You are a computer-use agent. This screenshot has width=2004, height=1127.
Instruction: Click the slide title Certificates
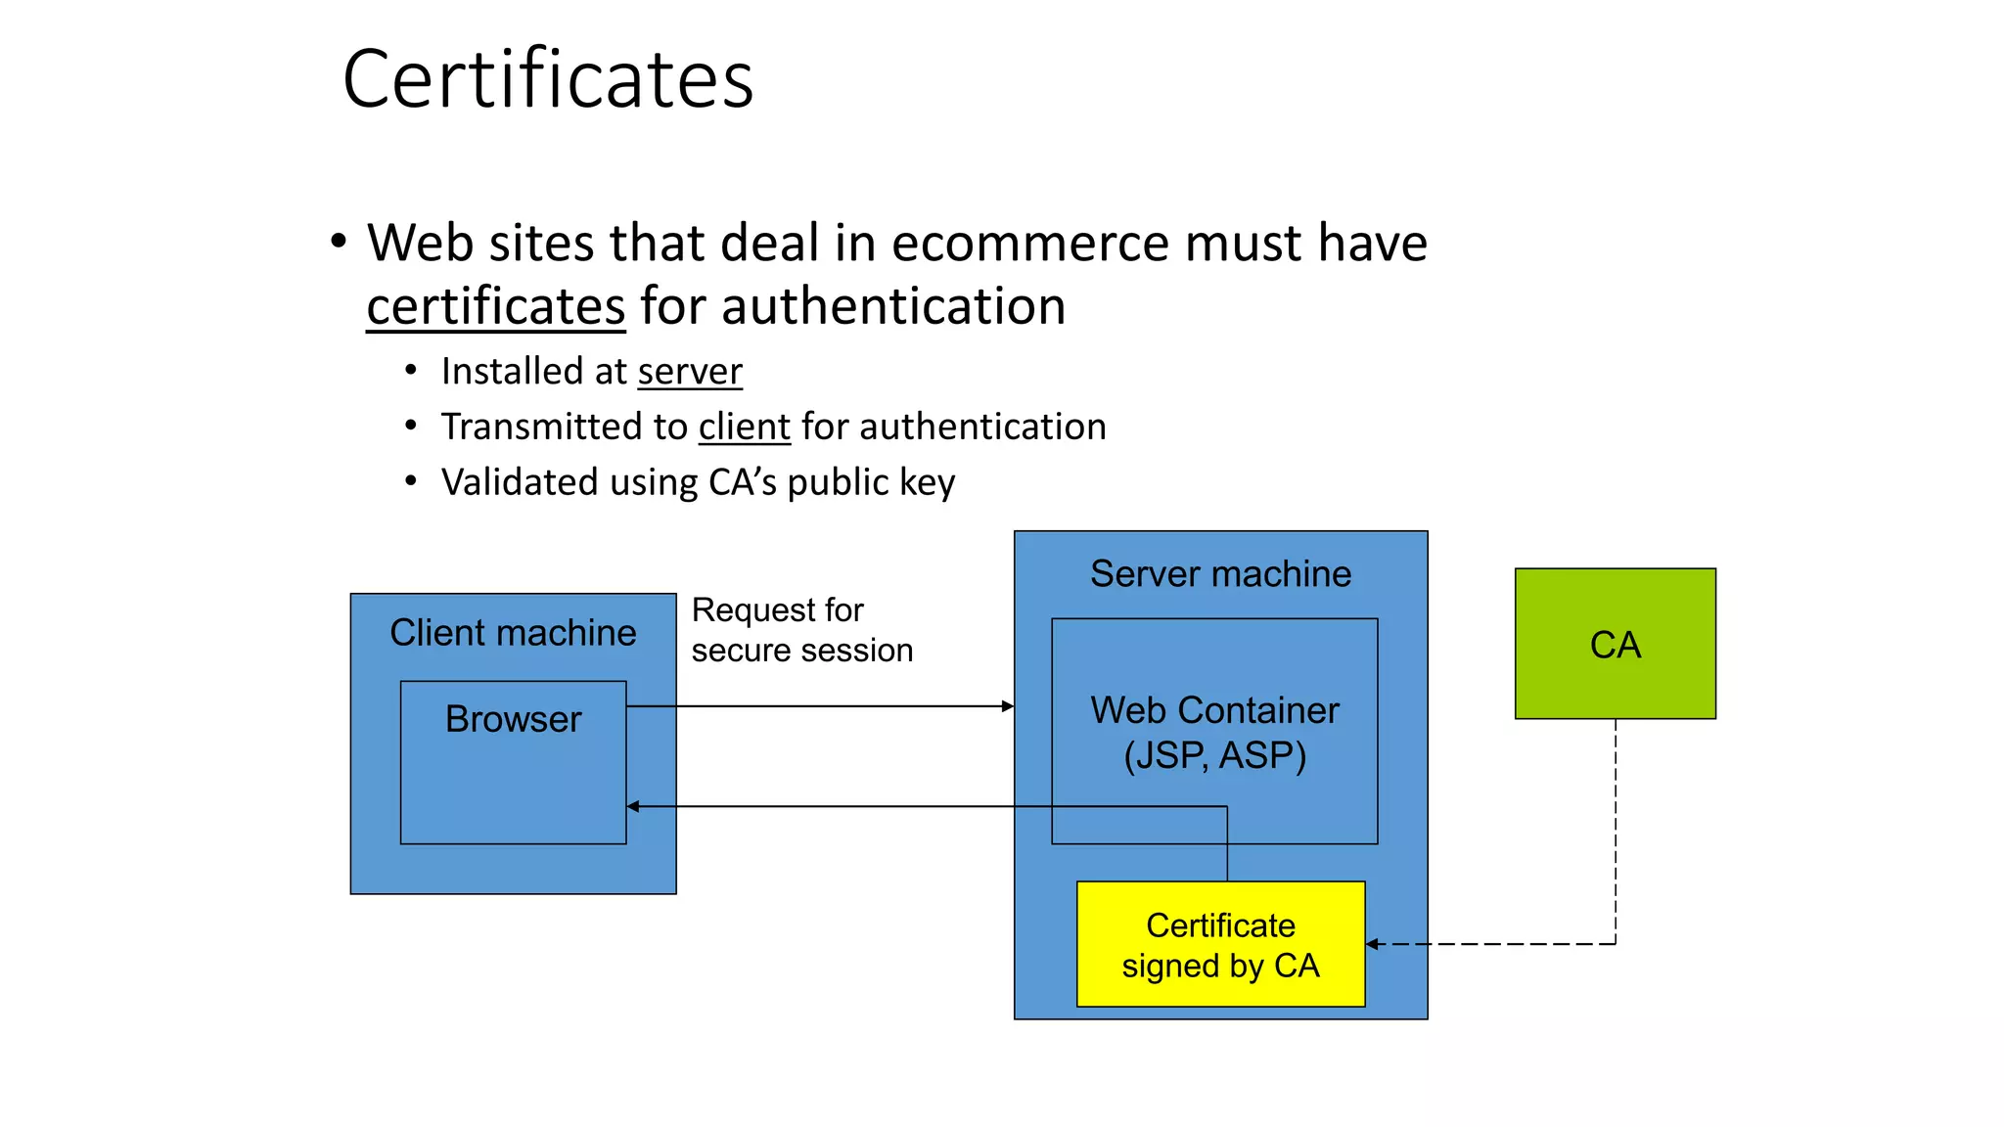[548, 79]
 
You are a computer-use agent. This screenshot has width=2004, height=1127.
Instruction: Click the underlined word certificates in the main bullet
[495, 306]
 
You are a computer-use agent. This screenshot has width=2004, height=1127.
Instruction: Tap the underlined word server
[690, 372]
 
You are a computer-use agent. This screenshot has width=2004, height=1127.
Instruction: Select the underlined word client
[744, 428]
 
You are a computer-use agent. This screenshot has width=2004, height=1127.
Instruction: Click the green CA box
[1615, 644]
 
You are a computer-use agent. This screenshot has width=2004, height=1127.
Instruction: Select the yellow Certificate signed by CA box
[1220, 944]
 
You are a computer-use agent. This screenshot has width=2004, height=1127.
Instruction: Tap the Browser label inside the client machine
[513, 719]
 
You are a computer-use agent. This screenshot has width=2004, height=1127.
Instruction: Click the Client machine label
[513, 633]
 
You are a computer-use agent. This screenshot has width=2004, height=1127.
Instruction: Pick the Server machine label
[1220, 574]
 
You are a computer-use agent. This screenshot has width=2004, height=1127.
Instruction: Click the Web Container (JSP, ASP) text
[1214, 733]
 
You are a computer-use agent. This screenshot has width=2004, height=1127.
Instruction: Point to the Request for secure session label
[801, 630]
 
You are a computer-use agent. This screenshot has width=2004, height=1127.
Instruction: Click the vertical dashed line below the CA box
[1616, 832]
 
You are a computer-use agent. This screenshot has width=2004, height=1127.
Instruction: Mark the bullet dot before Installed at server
[411, 371]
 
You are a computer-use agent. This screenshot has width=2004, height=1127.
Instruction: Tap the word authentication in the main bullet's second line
[893, 306]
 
